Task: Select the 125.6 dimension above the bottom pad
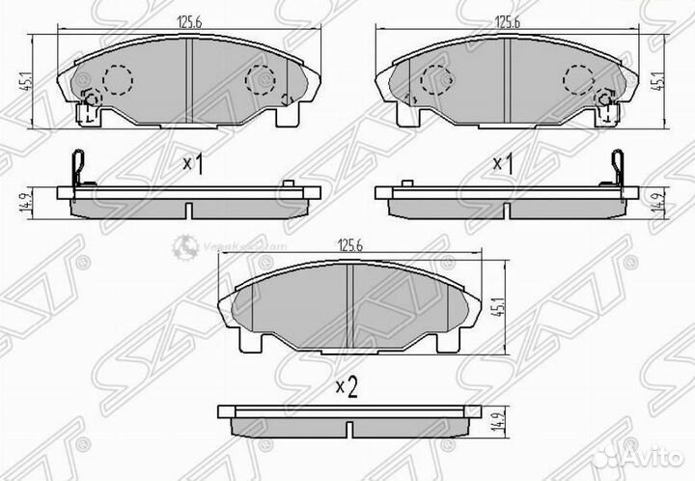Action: (348, 247)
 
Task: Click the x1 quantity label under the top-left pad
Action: (194, 164)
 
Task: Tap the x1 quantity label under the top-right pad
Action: (502, 164)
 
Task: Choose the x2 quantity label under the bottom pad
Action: (346, 388)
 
